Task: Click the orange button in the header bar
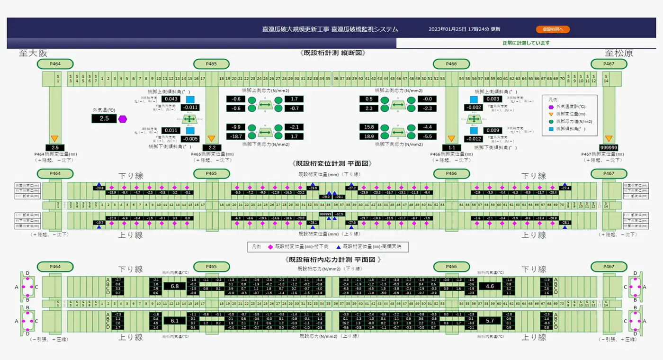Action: (553, 29)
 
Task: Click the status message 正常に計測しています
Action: (526, 43)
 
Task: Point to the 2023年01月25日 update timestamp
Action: (464, 29)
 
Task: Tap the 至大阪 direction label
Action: (33, 53)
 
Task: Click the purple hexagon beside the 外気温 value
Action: (123, 119)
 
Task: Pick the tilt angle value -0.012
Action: (474, 139)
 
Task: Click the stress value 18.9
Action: (368, 136)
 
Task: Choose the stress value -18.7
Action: (235, 136)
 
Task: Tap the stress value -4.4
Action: (427, 127)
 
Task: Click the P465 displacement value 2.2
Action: (211, 147)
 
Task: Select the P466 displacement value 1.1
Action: (451, 147)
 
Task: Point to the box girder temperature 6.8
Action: (174, 286)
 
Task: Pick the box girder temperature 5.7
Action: (490, 321)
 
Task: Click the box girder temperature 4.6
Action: (490, 286)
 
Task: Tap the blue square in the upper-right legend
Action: (551, 128)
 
